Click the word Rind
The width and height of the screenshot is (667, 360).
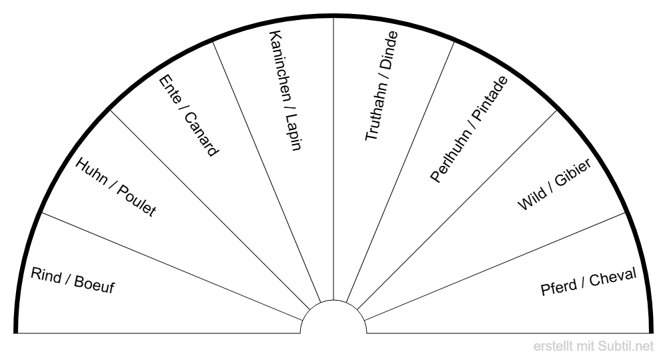click(x=46, y=275)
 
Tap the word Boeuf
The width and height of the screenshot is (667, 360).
click(x=95, y=287)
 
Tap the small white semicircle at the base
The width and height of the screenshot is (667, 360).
click(x=333, y=319)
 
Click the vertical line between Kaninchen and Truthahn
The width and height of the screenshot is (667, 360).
click(x=333, y=167)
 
